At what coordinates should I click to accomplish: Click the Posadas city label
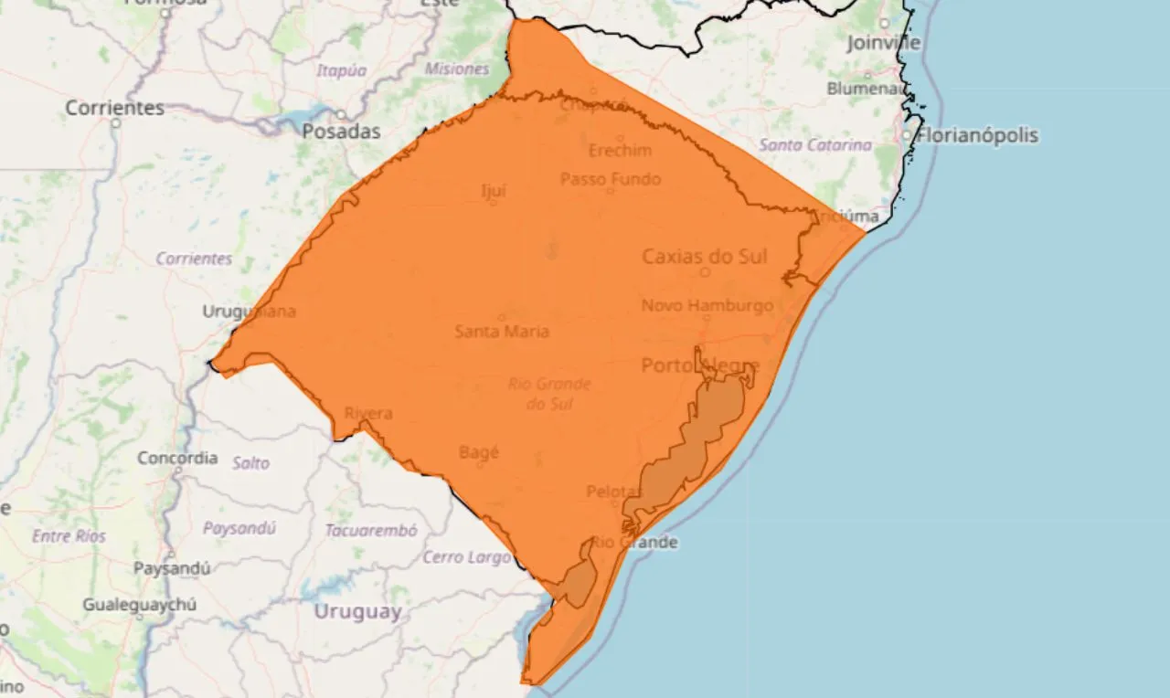[341, 132]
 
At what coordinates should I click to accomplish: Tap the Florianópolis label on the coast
[977, 135]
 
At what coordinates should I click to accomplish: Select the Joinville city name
[883, 42]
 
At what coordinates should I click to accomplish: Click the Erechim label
[620, 150]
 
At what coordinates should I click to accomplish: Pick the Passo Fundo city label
[610, 179]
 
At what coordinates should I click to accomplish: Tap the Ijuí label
[493, 191]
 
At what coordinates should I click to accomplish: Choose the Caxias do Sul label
[704, 256]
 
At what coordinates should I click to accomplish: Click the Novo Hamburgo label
[707, 305]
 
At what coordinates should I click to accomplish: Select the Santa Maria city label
[502, 331]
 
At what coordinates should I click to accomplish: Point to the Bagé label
[479, 452]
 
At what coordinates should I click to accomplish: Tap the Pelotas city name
[613, 492]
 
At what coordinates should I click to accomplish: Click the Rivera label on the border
[367, 413]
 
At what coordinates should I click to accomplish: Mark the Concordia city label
[177, 458]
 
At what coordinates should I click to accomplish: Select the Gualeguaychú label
[139, 604]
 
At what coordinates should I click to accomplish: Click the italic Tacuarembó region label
[370, 530]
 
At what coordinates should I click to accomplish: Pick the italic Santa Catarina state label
[814, 145]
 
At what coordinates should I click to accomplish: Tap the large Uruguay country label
[357, 611]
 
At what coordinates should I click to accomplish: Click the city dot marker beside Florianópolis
[907, 135]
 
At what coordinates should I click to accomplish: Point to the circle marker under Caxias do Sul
[705, 271]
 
